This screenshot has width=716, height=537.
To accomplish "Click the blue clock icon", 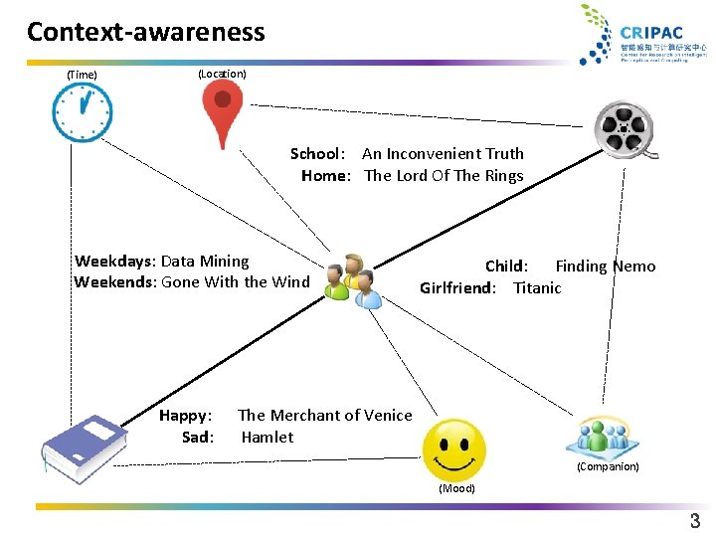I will pyautogui.click(x=83, y=111).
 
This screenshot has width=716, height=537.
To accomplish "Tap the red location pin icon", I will pyautogui.click(x=223, y=111).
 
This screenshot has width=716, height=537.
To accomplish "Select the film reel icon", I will pyautogui.click(x=625, y=129).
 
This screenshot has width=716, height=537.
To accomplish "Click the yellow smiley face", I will pyautogui.click(x=454, y=450).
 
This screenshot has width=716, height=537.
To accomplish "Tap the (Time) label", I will pyautogui.click(x=82, y=75).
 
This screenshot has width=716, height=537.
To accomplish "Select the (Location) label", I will pyautogui.click(x=222, y=74).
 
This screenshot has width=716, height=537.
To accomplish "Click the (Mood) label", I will pyautogui.click(x=457, y=488).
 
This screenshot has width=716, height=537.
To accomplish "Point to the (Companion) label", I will pyautogui.click(x=608, y=466).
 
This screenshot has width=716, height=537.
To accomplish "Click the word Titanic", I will pyautogui.click(x=537, y=288).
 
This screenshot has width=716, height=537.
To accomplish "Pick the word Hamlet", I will pyautogui.click(x=268, y=438).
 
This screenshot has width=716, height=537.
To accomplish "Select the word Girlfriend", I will pyautogui.click(x=456, y=288).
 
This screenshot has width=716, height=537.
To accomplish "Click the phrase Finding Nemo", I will pyautogui.click(x=605, y=266).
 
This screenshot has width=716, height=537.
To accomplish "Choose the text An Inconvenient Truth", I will pyautogui.click(x=443, y=154).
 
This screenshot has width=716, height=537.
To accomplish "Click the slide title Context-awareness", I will pyautogui.click(x=146, y=32).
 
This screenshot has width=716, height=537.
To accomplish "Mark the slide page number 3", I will pyautogui.click(x=695, y=521).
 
